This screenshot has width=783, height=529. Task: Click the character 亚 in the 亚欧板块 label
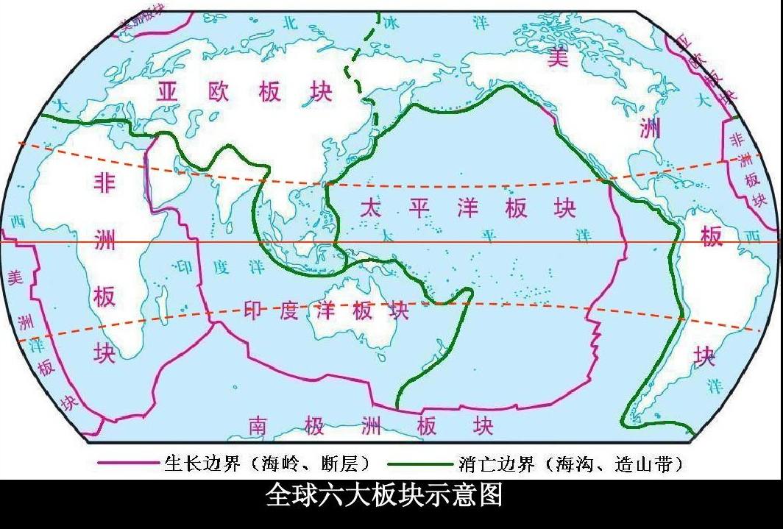tap(170, 91)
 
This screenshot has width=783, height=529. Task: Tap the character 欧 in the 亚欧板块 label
tap(219, 91)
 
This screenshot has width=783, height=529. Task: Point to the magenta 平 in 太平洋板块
tap(419, 208)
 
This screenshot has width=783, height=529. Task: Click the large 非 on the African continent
tap(104, 183)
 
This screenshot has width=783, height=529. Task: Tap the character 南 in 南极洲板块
tap(257, 425)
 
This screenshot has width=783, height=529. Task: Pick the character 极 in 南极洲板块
tap(311, 425)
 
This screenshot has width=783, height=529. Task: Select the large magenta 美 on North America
tap(559, 57)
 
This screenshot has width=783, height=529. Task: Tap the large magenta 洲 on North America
tap(649, 129)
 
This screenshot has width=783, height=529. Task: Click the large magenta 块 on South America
tap(705, 357)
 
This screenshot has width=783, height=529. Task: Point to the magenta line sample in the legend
tap(130, 464)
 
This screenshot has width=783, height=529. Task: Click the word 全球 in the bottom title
tap(289, 495)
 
